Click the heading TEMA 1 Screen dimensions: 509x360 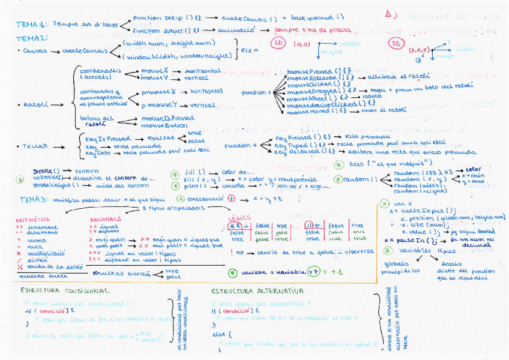pyautogui.click(x=29, y=24)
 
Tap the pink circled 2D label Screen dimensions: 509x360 pyautogui.click(x=278, y=44)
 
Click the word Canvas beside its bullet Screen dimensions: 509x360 pyautogui.click(x=35, y=51)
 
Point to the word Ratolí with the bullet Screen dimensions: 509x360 pyautogui.click(x=32, y=104)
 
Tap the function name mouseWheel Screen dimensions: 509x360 pyautogui.click(x=307, y=98)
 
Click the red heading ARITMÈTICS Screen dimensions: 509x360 pyautogui.click(x=33, y=220)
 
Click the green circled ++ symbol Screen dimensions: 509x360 pyautogui.click(x=313, y=272)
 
